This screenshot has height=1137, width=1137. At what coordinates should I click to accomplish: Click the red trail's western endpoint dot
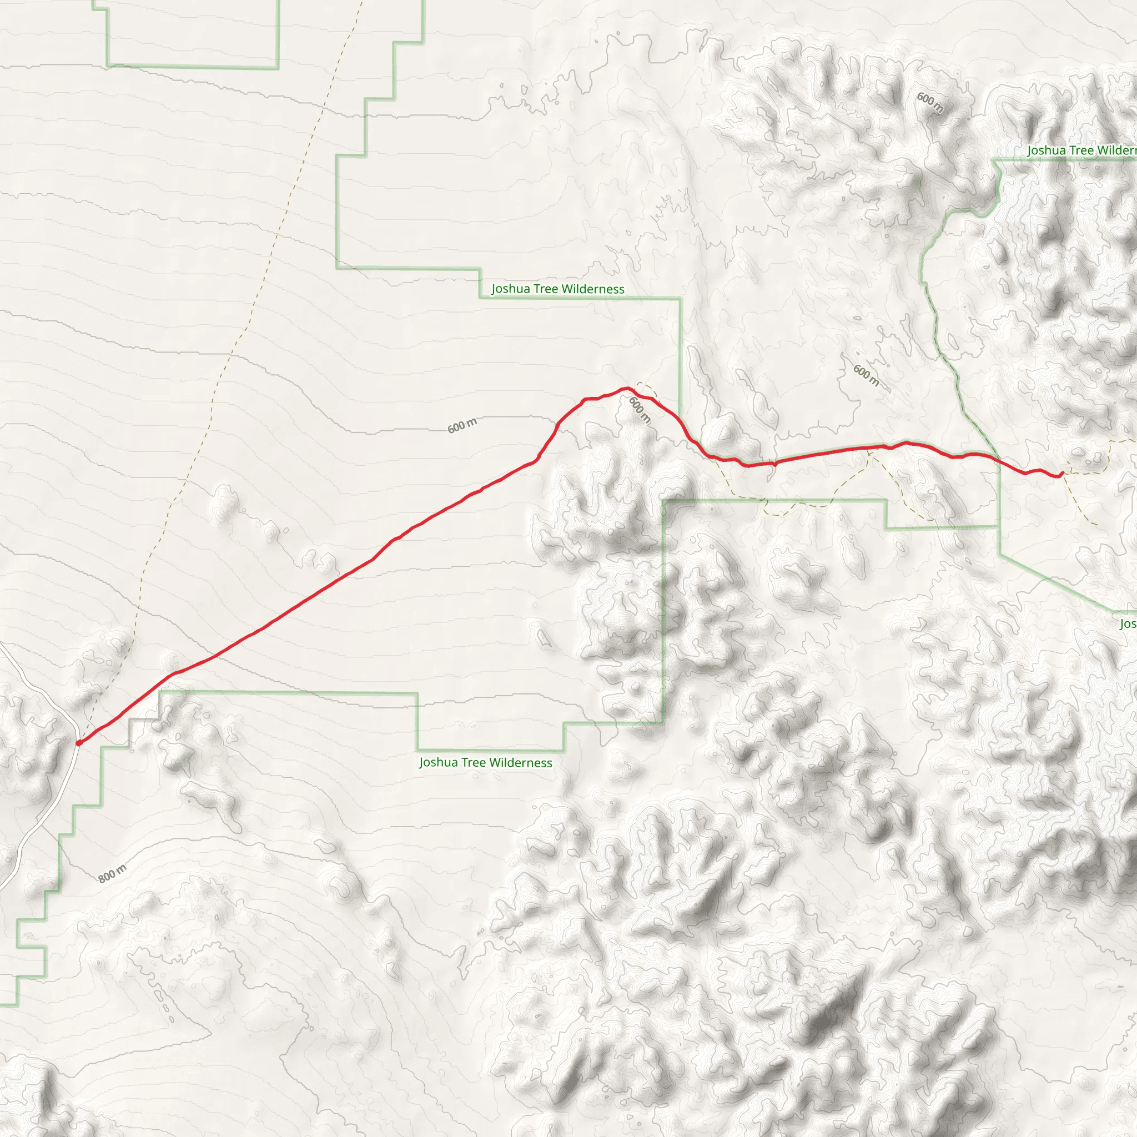click(79, 743)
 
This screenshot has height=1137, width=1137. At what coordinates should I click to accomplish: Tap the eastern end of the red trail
click(1061, 474)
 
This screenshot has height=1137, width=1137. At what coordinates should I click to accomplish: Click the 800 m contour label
click(112, 874)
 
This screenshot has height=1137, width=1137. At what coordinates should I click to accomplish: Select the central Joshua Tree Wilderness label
click(557, 289)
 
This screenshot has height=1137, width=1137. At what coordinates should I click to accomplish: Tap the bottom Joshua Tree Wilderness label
click(486, 763)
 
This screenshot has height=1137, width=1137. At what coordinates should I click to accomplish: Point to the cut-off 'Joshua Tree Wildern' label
click(1081, 150)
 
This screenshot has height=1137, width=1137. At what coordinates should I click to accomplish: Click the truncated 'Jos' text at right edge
click(1128, 624)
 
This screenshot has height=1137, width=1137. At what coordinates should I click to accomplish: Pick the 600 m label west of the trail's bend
click(462, 425)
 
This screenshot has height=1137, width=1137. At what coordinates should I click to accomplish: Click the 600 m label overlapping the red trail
click(640, 410)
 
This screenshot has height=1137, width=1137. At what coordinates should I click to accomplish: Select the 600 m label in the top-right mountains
click(930, 103)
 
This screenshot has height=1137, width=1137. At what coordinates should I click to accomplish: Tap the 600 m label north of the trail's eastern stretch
click(866, 375)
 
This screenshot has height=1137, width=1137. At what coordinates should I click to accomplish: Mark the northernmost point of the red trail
click(626, 388)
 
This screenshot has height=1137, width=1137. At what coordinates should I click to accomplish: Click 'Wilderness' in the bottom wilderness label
click(521, 763)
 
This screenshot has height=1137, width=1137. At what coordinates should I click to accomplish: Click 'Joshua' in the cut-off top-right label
click(1047, 150)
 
